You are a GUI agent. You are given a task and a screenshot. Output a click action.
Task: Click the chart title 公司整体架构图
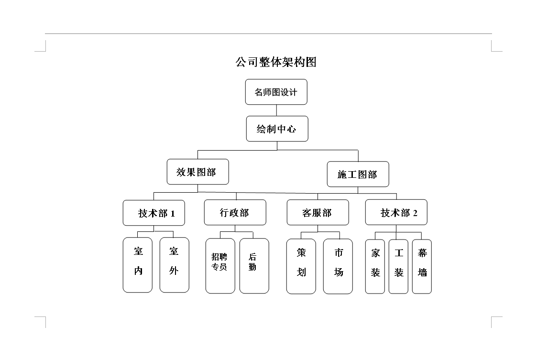point(276,62)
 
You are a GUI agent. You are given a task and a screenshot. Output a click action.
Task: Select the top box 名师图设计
point(276,92)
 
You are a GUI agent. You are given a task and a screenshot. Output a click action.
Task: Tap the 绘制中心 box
point(277,129)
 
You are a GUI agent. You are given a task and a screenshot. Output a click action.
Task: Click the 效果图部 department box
point(197,172)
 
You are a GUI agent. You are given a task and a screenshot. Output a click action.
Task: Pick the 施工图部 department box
point(358,174)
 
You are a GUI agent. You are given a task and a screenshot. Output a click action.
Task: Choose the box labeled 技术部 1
point(154,213)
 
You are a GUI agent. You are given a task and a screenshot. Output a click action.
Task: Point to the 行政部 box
point(235,212)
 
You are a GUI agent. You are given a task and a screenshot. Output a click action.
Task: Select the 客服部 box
point(318,212)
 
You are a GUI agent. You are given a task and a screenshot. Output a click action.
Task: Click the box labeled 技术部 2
point(396,212)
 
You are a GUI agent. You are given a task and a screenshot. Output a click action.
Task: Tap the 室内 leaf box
point(138,265)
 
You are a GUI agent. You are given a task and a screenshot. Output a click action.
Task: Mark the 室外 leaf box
point(175,265)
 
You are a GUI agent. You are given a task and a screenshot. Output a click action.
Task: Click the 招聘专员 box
point(220,266)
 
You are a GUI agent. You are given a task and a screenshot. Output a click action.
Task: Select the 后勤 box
point(254,266)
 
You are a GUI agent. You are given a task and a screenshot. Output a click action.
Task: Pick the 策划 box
point(301,266)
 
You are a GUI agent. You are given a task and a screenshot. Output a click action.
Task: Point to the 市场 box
point(338,266)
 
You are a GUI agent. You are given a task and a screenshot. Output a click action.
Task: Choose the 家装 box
point(375,266)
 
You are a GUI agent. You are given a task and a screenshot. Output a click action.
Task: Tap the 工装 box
point(398,266)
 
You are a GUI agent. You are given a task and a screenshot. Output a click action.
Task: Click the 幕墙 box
point(422,266)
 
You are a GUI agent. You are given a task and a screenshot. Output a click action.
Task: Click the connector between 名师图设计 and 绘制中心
point(277,110)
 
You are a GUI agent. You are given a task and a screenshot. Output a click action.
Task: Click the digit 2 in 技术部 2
point(415,213)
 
